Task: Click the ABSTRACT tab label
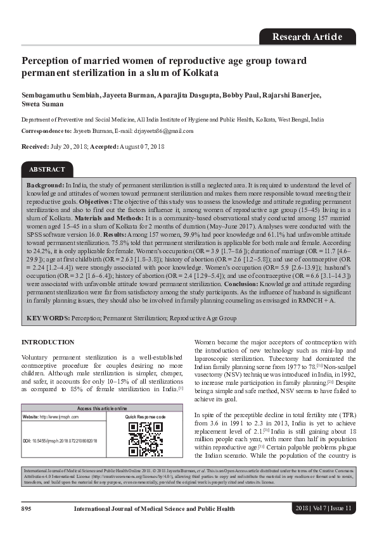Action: point(47,170)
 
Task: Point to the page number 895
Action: point(27,508)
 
